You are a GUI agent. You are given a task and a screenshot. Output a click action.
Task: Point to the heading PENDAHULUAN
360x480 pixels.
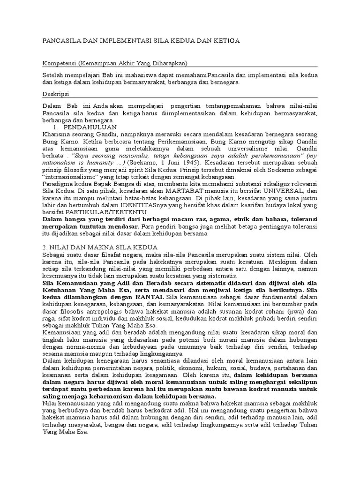[90, 127]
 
